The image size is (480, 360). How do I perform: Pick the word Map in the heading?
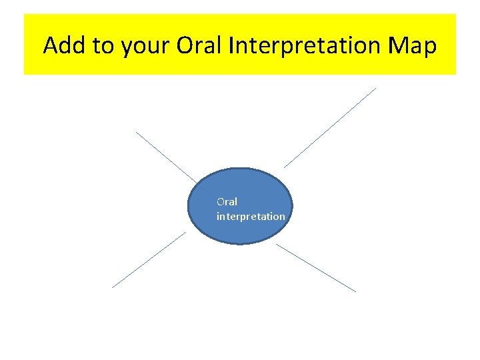411,47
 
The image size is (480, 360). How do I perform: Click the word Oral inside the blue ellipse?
227,201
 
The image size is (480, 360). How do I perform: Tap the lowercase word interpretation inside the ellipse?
251,217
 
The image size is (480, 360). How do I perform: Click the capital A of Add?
50,45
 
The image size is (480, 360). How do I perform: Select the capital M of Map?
398,45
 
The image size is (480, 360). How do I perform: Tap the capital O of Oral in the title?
186,45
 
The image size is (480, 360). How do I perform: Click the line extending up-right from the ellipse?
330,127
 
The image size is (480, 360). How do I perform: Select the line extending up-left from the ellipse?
167,157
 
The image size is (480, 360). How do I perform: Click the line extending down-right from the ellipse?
316,267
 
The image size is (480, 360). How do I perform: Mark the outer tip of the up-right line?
376,88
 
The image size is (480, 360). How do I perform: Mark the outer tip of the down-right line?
356,291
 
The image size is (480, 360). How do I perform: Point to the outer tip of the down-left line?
112,287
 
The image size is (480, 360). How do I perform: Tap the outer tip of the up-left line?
136,131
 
